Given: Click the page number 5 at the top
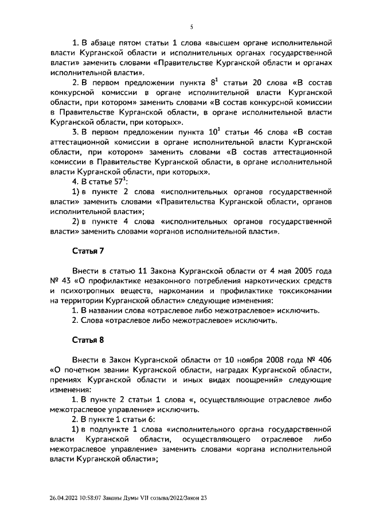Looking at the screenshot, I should [x=192, y=26].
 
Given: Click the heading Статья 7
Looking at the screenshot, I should [x=88, y=251].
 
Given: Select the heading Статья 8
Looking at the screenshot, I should [x=88, y=339].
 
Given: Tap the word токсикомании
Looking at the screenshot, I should [x=304, y=291].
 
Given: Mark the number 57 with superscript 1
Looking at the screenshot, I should [x=103, y=182].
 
